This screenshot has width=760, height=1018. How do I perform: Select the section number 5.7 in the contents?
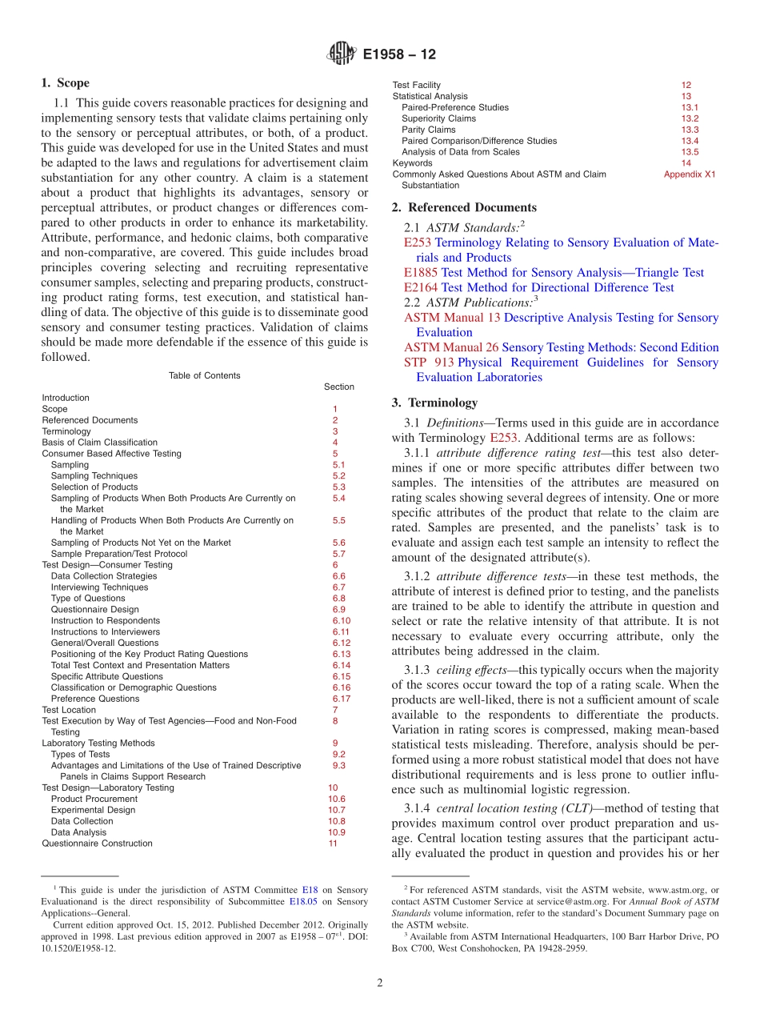point(338,554)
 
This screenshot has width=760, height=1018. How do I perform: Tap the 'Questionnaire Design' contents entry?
point(94,610)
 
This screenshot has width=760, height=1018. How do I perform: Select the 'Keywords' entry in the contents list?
point(412,163)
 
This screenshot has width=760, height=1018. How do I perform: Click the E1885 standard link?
point(416,273)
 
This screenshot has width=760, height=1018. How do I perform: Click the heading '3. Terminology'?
point(434,403)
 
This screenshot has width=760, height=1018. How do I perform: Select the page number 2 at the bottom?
point(380,984)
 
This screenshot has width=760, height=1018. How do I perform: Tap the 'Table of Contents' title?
point(204,375)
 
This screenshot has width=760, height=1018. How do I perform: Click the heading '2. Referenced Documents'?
point(464,208)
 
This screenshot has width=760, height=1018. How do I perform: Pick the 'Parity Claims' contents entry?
point(428,130)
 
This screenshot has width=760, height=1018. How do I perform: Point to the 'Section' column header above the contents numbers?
point(338,387)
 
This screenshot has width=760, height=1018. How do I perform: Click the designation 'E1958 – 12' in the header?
point(399,55)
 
